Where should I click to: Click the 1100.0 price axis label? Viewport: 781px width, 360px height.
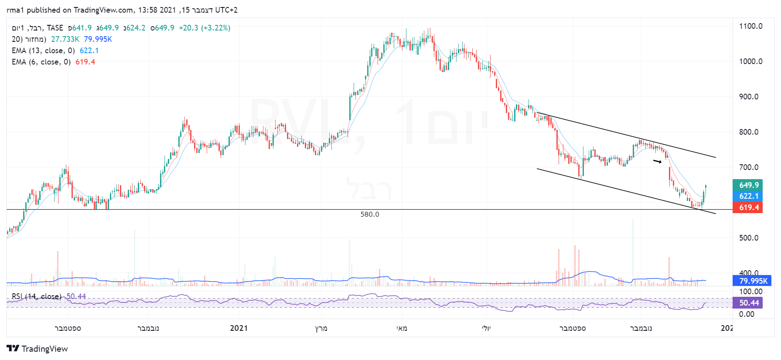pyautogui.click(x=750, y=26)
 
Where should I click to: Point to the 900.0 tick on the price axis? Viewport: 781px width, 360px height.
pyautogui.click(x=750, y=97)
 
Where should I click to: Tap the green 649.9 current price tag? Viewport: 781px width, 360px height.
pyautogui.click(x=748, y=185)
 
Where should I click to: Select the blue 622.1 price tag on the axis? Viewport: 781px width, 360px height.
pyautogui.click(x=748, y=196)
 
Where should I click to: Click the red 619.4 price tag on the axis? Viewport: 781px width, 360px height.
pyautogui.click(x=748, y=207)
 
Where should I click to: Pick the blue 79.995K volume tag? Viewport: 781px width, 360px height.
pyautogui.click(x=753, y=281)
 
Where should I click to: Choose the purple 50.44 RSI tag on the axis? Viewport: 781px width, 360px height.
pyautogui.click(x=748, y=303)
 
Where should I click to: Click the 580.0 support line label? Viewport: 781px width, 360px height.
pyautogui.click(x=370, y=214)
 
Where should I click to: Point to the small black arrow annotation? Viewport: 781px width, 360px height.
pyautogui.click(x=657, y=162)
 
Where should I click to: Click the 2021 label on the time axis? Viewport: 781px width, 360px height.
pyautogui.click(x=239, y=328)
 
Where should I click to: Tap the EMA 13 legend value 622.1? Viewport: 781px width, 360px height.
pyautogui.click(x=89, y=51)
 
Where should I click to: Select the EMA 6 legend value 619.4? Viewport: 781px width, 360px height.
pyautogui.click(x=85, y=62)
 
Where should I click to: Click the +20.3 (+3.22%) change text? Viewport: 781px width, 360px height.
pyautogui.click(x=205, y=28)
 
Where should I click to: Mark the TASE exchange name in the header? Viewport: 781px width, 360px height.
pyautogui.click(x=55, y=28)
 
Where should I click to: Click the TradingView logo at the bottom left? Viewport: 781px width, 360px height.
pyautogui.click(x=38, y=349)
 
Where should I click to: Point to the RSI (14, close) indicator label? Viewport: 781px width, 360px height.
pyautogui.click(x=36, y=296)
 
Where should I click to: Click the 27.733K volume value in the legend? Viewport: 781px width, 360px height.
pyautogui.click(x=65, y=39)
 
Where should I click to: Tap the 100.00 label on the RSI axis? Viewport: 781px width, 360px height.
pyautogui.click(x=750, y=292)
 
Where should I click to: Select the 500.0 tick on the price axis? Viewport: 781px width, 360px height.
pyautogui.click(x=750, y=238)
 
